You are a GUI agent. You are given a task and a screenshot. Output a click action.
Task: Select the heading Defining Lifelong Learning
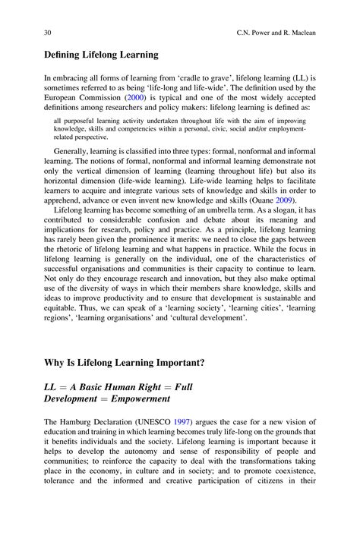100,55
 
